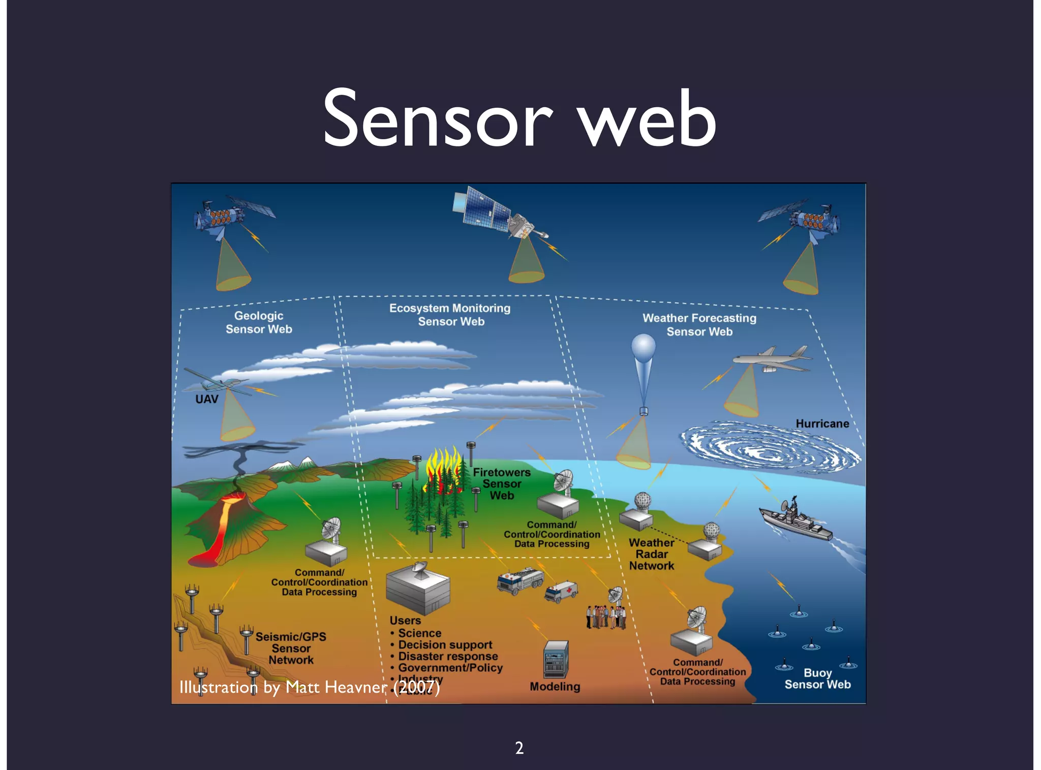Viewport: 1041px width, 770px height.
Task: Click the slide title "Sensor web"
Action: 519,119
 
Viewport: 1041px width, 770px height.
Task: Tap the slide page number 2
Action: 519,748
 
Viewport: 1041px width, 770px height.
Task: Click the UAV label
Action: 207,399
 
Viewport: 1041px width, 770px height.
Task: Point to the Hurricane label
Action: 822,423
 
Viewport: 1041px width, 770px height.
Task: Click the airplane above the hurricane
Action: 773,359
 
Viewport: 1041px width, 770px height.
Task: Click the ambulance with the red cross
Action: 561,591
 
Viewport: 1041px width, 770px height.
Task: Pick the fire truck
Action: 519,580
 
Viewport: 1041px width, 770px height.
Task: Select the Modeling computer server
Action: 556,659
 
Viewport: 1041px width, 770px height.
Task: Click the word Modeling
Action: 555,687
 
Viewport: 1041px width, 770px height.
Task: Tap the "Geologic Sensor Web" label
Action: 259,322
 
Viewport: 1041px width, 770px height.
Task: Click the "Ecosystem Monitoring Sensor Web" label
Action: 450,315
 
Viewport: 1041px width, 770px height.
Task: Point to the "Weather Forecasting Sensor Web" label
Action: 699,325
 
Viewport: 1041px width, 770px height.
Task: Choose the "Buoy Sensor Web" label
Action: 817,679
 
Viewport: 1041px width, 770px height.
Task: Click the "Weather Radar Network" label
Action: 652,555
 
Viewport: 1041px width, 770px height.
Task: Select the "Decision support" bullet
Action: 445,645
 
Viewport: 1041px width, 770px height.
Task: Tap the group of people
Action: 605,616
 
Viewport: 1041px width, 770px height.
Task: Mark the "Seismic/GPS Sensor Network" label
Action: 291,648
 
